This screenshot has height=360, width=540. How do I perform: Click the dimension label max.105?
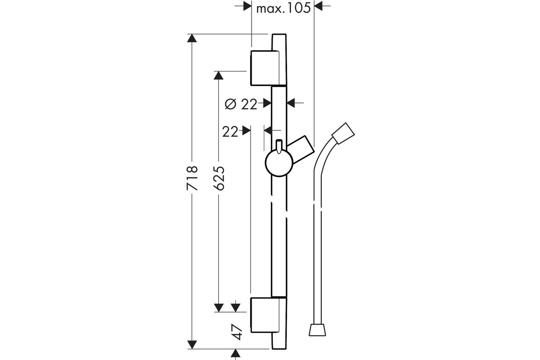tap(283, 9)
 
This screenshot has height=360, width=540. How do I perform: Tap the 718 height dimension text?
tap(192, 178)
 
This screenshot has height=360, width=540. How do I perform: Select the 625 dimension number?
tap(219, 178)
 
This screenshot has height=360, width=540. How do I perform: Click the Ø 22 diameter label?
tap(241, 104)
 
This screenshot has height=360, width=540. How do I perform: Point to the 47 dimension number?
tap(237, 332)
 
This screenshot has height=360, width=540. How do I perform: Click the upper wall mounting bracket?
tap(269, 68)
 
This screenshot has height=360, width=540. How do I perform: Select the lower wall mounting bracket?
tap(269, 315)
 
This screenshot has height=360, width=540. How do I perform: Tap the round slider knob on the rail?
tap(279, 163)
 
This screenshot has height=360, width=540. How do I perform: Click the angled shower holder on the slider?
tap(301, 149)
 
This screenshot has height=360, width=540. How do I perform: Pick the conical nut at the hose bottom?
tap(317, 330)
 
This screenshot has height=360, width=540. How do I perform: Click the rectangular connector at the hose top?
tap(343, 134)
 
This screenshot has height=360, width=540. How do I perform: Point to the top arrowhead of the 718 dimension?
tap(192, 38)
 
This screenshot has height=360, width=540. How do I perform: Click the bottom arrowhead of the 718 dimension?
tap(192, 345)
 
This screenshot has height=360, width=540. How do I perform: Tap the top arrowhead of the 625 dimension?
tap(218, 76)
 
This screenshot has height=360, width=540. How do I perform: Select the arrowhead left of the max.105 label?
tap(247, 6)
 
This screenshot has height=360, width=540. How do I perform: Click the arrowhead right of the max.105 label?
tap(318, 6)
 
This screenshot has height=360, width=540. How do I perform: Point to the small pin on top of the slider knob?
tap(279, 146)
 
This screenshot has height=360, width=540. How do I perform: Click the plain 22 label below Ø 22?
tap(230, 132)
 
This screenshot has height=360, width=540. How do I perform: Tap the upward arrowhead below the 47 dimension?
tap(235, 353)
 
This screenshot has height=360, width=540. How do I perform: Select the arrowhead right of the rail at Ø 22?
tap(291, 103)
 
